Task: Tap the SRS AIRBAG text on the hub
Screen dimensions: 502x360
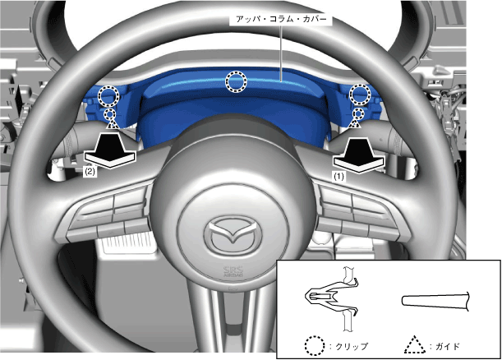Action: click(x=233, y=271)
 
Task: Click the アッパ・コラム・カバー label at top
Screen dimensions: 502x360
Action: click(x=281, y=20)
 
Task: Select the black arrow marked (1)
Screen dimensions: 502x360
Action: click(x=358, y=155)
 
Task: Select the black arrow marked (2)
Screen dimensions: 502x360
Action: click(x=110, y=150)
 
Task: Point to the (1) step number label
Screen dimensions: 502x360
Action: click(x=339, y=177)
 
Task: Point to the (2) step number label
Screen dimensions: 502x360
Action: click(x=90, y=172)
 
